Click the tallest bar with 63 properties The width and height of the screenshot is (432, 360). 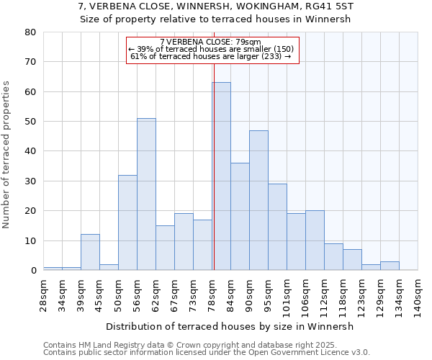pos(221,176)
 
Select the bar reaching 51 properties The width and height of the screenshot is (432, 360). pos(146,194)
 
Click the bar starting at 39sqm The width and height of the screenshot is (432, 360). pos(90,252)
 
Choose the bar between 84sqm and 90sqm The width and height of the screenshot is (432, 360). pos(240,217)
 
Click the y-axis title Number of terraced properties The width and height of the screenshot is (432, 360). pos(8,155)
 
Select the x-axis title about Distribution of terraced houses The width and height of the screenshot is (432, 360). pos(234,326)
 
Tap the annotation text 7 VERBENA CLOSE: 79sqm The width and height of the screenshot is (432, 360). pos(210,42)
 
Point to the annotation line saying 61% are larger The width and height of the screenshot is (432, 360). pos(210,56)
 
